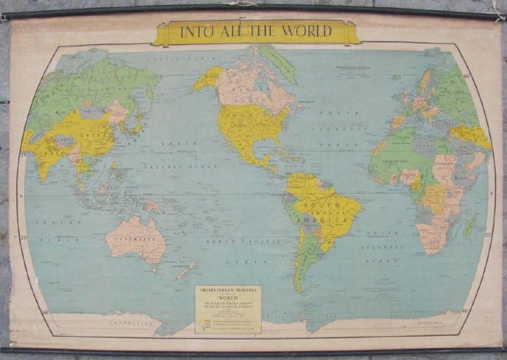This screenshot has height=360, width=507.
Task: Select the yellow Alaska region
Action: point(208,77)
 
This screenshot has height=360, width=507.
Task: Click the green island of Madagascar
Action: point(469,226)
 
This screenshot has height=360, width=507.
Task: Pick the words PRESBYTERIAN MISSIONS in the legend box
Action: point(228,290)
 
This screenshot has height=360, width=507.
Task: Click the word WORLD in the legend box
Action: point(228,298)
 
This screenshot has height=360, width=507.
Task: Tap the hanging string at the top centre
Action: point(244,4)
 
